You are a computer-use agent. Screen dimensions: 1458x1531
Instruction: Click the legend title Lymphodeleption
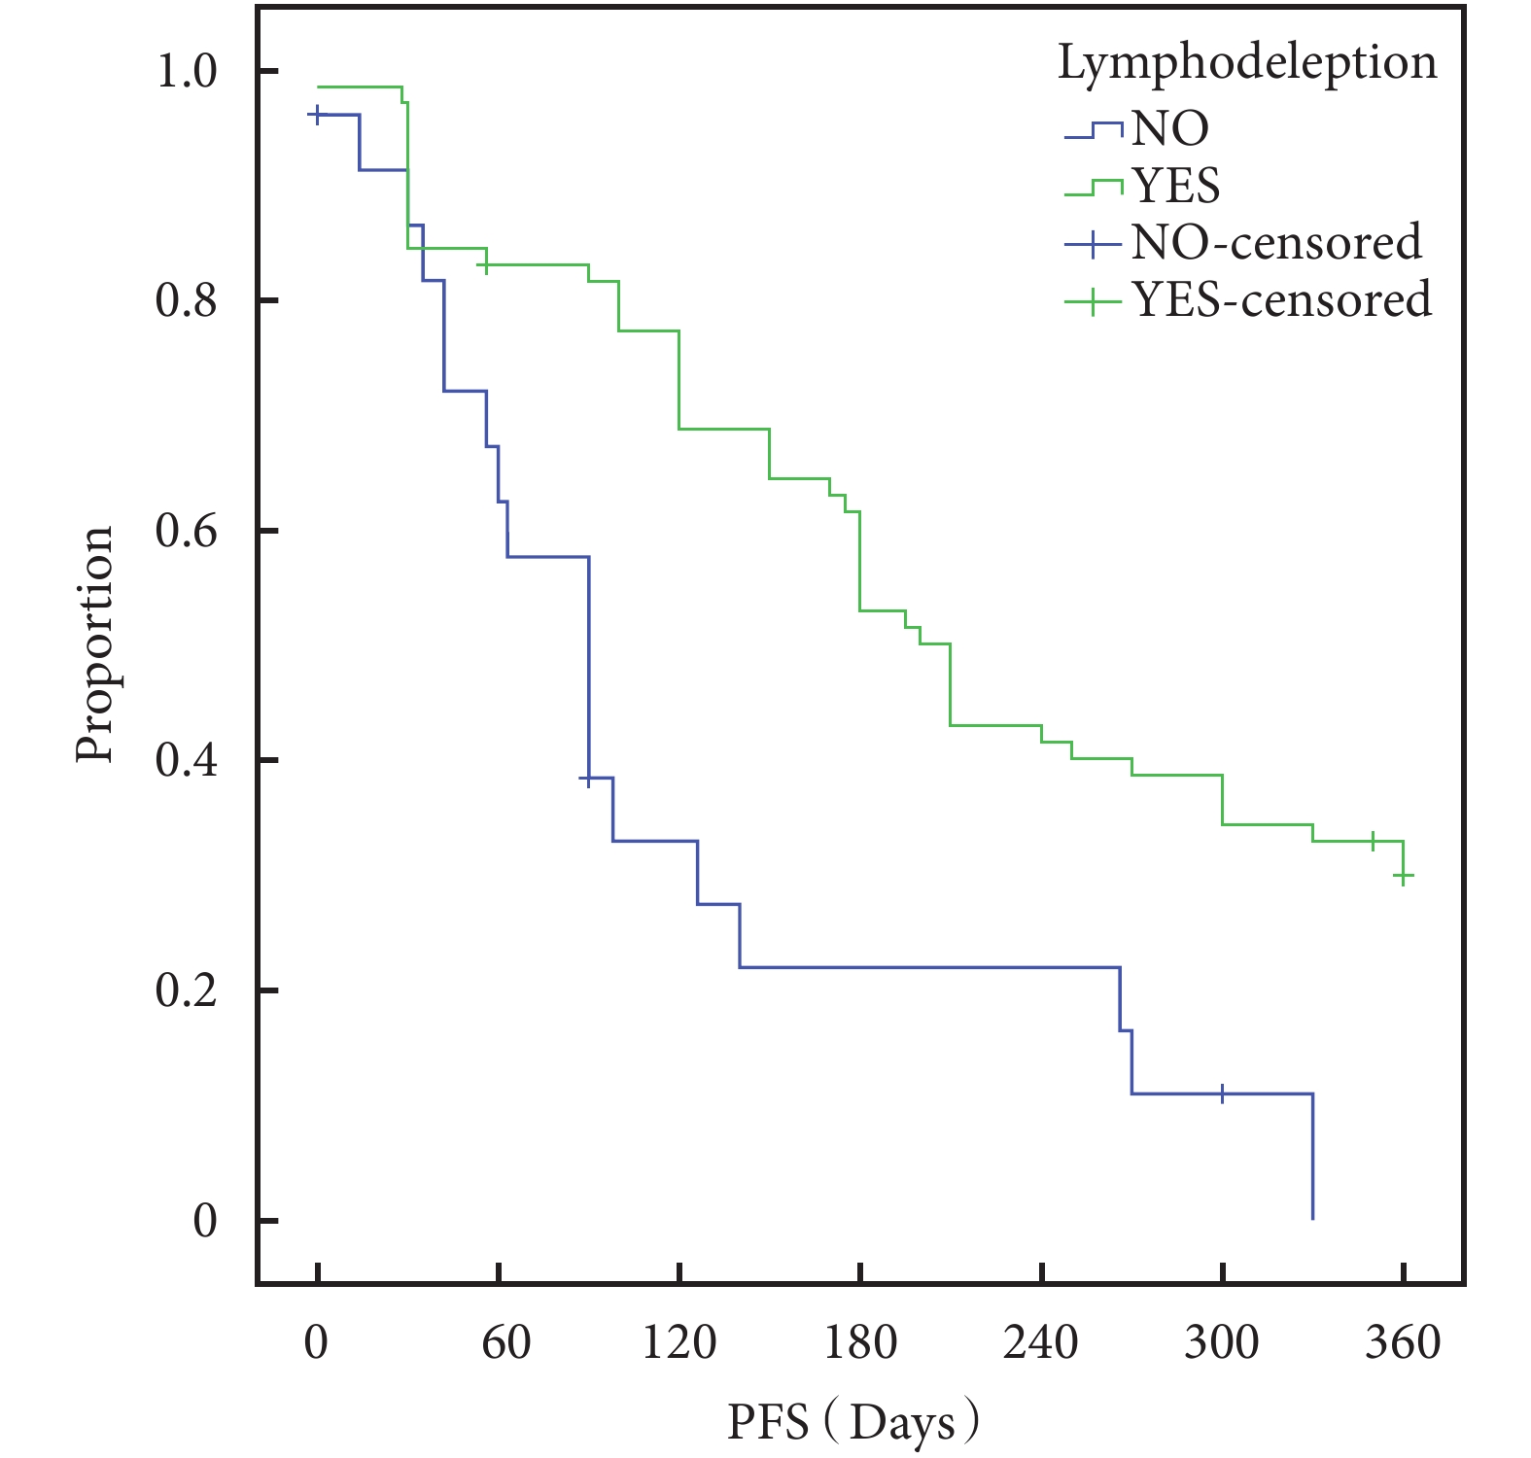click(x=1247, y=64)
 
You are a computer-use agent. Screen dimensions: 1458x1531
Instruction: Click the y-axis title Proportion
click(x=95, y=644)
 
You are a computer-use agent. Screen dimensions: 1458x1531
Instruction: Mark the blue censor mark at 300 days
click(x=1222, y=1093)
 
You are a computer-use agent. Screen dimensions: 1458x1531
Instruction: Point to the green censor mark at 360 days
click(x=1403, y=876)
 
